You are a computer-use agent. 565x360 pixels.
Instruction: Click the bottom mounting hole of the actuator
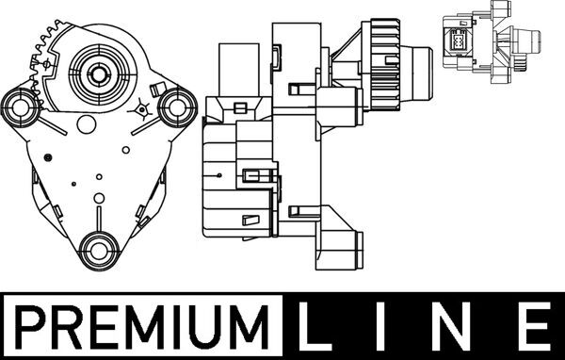pos(99,251)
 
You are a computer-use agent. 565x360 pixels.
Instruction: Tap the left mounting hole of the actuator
pos(21,107)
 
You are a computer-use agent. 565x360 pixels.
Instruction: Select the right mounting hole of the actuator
pos(177,107)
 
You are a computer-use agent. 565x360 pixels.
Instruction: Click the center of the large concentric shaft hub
pos(98,74)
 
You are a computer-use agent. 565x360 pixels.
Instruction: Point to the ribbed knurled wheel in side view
pos(385,65)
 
